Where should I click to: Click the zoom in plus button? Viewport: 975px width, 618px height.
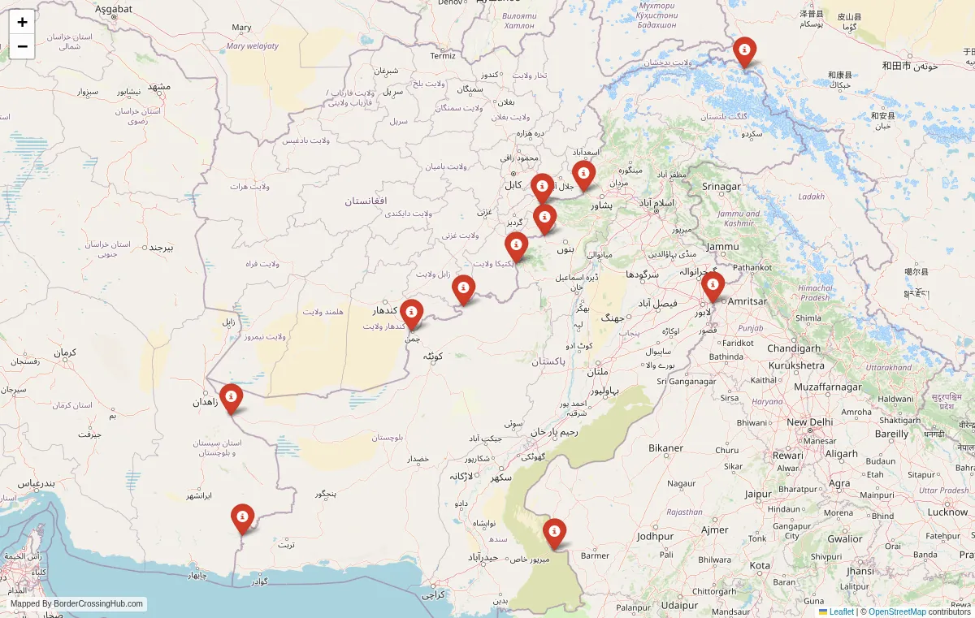pyautogui.click(x=22, y=22)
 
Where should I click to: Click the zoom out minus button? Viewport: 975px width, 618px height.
pyautogui.click(x=22, y=46)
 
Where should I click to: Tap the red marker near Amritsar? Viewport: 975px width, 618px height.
pyautogui.click(x=713, y=286)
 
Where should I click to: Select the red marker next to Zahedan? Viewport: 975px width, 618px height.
pyautogui.click(x=231, y=398)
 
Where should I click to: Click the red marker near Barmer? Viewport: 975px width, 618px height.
pyautogui.click(x=554, y=533)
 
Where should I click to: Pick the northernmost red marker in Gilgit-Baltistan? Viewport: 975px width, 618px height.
pyautogui.click(x=744, y=51)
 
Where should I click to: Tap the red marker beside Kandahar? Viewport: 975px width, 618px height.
pyautogui.click(x=411, y=313)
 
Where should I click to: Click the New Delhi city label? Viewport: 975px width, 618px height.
pyautogui.click(x=809, y=422)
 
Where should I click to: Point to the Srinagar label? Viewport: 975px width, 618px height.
pyautogui.click(x=721, y=187)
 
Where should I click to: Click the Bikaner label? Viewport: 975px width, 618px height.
pyautogui.click(x=665, y=448)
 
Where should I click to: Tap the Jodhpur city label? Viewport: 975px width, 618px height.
pyautogui.click(x=656, y=537)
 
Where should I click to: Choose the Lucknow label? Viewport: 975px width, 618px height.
pyautogui.click(x=947, y=512)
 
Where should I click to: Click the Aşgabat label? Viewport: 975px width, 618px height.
pyautogui.click(x=113, y=9)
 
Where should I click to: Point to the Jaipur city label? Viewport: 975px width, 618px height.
pyautogui.click(x=758, y=494)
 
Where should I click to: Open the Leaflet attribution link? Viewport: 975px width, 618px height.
pyautogui.click(x=841, y=612)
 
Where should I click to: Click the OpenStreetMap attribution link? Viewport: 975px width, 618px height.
pyautogui.click(x=897, y=612)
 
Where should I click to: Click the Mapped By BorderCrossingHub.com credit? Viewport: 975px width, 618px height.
pyautogui.click(x=77, y=603)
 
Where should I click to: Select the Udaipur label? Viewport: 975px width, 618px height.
pyautogui.click(x=680, y=605)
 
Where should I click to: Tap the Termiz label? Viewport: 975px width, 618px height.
pyautogui.click(x=443, y=56)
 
